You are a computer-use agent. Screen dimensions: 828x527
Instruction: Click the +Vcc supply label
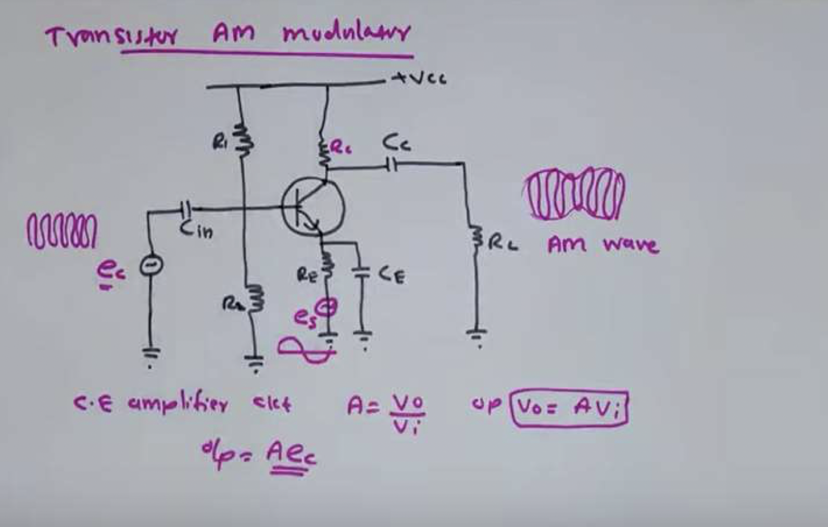pyautogui.click(x=420, y=79)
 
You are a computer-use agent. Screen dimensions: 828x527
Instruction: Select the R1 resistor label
pyautogui.click(x=220, y=142)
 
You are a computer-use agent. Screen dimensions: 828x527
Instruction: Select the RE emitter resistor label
pyautogui.click(x=307, y=275)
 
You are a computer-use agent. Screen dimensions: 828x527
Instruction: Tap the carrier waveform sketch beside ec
pyautogui.click(x=61, y=231)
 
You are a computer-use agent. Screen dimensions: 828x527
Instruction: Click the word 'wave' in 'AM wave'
pyautogui.click(x=631, y=245)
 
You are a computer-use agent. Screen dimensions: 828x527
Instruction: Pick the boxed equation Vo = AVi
pyautogui.click(x=569, y=409)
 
